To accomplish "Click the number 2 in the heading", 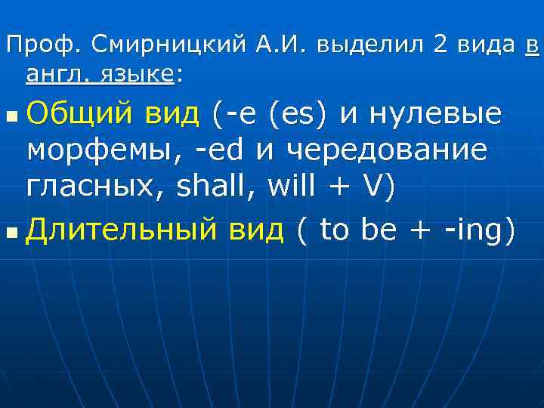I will point(440,45).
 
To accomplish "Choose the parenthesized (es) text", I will point(303,115).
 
